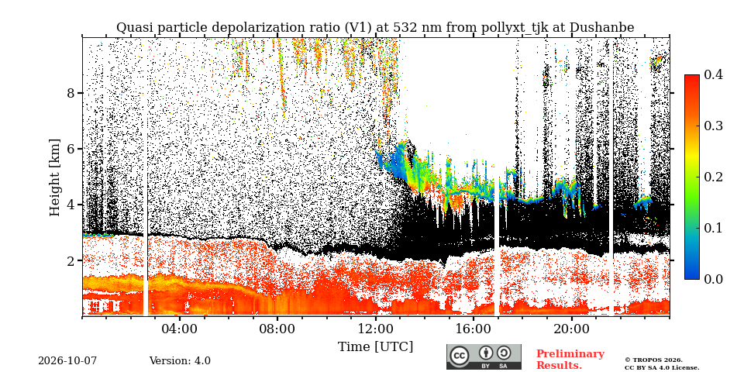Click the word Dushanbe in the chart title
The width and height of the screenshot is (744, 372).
click(601, 28)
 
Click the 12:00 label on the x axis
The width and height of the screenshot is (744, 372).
click(375, 329)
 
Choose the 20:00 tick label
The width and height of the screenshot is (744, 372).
click(571, 329)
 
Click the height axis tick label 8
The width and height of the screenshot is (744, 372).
click(71, 93)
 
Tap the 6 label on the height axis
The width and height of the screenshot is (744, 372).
click(71, 149)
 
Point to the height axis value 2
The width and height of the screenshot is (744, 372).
click(71, 260)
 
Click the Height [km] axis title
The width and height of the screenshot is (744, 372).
click(56, 177)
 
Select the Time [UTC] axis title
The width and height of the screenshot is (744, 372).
click(375, 347)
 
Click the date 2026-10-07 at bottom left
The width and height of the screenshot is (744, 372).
click(67, 361)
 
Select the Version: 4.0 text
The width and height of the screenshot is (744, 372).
click(180, 361)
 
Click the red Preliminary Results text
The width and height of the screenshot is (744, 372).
click(570, 360)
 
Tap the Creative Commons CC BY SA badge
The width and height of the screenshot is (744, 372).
click(484, 356)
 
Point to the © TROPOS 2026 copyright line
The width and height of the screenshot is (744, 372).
click(653, 360)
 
